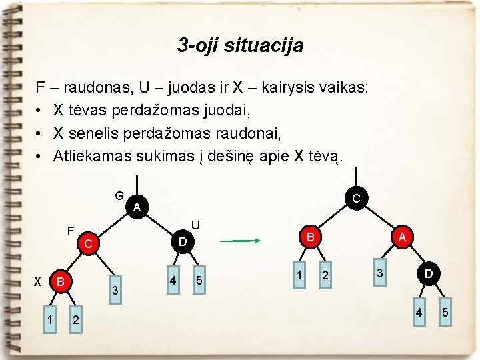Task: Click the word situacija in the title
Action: point(265,45)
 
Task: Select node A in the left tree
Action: point(136,207)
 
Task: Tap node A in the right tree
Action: point(402,237)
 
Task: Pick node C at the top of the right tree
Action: point(356,198)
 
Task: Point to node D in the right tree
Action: point(430,274)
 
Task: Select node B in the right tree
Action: point(310,237)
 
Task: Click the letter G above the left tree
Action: point(119,196)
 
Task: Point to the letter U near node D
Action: point(195,225)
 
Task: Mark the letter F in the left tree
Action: point(69,232)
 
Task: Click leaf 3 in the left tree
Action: point(115,291)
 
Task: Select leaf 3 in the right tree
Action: point(380,274)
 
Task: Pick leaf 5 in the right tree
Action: point(445,313)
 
